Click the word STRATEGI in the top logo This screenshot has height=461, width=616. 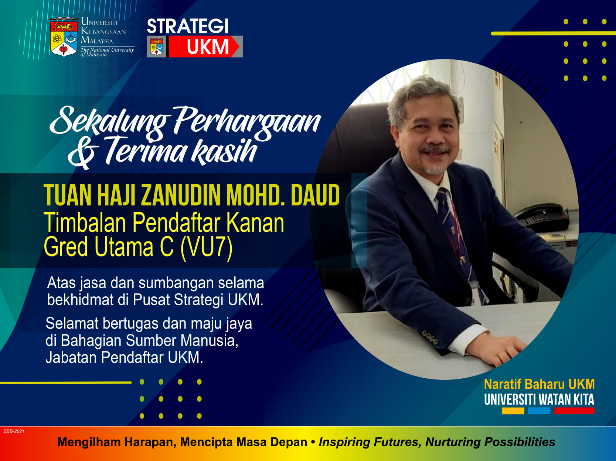coord(187,26)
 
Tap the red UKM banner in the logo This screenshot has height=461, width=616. coord(204,47)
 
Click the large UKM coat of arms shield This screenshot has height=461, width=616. coord(64,37)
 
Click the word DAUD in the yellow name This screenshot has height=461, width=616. coord(315,195)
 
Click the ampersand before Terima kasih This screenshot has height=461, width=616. coord(84,153)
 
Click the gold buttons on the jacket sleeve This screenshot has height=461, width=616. coord(430,337)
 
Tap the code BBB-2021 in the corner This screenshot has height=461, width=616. coord(14,431)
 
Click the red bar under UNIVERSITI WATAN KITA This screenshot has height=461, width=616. coord(574,411)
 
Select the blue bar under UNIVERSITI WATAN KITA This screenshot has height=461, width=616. coord(539,411)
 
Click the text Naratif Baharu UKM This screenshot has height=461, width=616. coord(540,384)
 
